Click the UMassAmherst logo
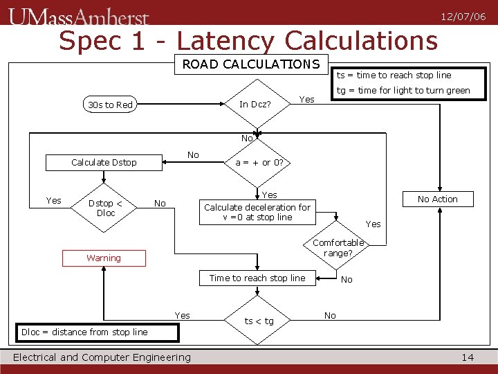click(79, 15)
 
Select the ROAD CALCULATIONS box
click(250, 64)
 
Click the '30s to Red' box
click(110, 105)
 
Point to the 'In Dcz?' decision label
click(255, 105)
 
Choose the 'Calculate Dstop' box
click(104, 162)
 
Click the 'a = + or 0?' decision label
click(259, 162)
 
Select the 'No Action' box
click(437, 199)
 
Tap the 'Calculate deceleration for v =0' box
click(257, 212)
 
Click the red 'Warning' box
click(104, 258)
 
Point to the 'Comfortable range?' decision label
click(338, 248)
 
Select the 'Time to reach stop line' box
click(257, 278)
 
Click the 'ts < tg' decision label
click(259, 321)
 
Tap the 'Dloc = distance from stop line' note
click(97, 332)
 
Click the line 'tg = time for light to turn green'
click(403, 90)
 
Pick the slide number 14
click(468, 357)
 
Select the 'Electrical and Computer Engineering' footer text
click(102, 357)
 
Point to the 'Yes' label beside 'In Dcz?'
click(306, 99)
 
